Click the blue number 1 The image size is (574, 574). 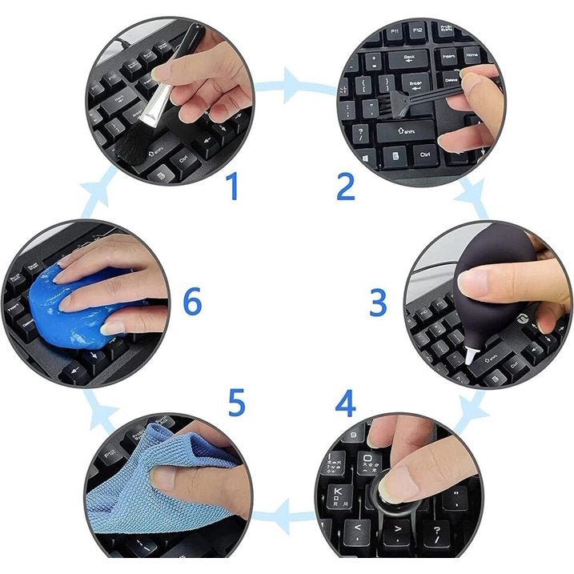click(233, 187)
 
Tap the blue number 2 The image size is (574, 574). click(345, 187)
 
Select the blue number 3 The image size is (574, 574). click(378, 303)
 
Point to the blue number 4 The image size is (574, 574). click(345, 404)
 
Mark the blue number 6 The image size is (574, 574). click(192, 303)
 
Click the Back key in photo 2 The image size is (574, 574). click(409, 58)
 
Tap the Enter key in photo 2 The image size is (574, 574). click(416, 83)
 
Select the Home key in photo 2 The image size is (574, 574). click(472, 57)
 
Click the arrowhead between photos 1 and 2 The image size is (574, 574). click(293, 82)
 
